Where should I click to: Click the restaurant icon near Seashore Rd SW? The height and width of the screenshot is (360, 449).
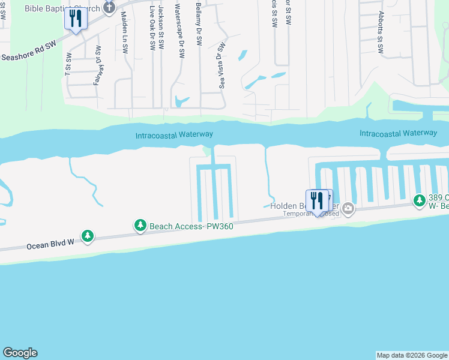(76, 19)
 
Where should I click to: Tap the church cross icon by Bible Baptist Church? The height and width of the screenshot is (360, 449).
(109, 7)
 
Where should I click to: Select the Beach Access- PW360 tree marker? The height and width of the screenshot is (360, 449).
(140, 226)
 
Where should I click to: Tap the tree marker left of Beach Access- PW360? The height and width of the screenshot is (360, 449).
(88, 236)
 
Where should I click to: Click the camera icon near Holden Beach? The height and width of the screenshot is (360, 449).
(348, 209)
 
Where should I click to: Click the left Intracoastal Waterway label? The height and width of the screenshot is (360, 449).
(174, 135)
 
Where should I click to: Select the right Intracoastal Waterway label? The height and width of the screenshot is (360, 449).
(398, 133)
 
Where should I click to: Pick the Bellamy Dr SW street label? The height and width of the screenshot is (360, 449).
(199, 24)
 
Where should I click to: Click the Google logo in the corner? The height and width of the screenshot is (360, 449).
(20, 353)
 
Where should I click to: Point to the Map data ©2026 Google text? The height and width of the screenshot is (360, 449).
(412, 355)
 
